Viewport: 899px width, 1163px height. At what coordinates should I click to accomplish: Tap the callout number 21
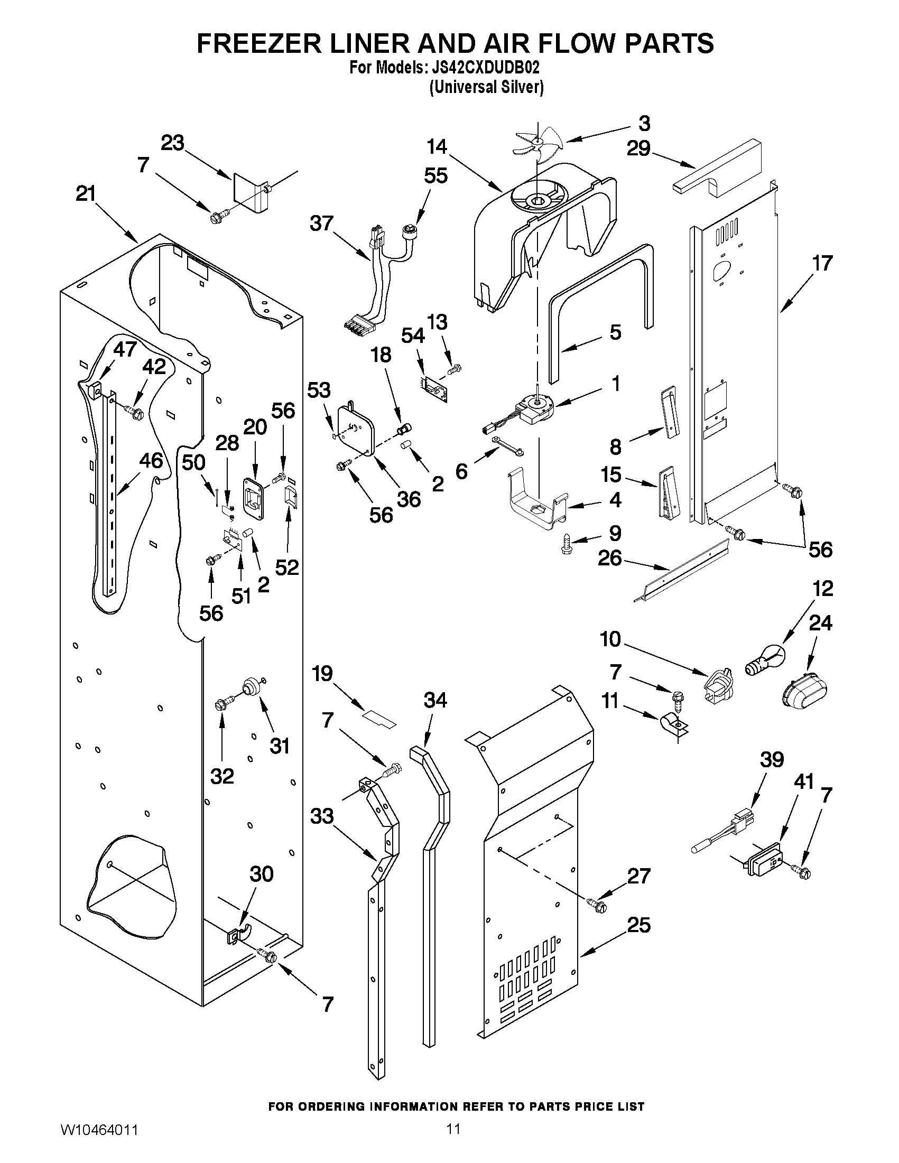[85, 194]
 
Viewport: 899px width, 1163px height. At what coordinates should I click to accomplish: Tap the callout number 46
[151, 461]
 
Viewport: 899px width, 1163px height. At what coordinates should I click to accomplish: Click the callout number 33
[322, 816]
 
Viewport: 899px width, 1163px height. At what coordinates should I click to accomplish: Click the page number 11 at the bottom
[453, 1142]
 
